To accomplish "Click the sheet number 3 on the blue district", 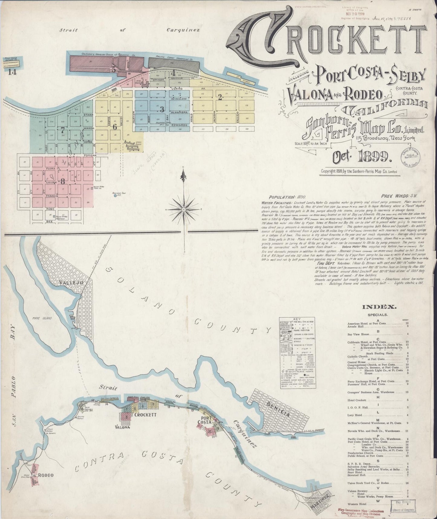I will pos(162,109).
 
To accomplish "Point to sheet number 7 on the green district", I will pos(63,131).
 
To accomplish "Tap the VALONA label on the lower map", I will pos(123,427).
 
